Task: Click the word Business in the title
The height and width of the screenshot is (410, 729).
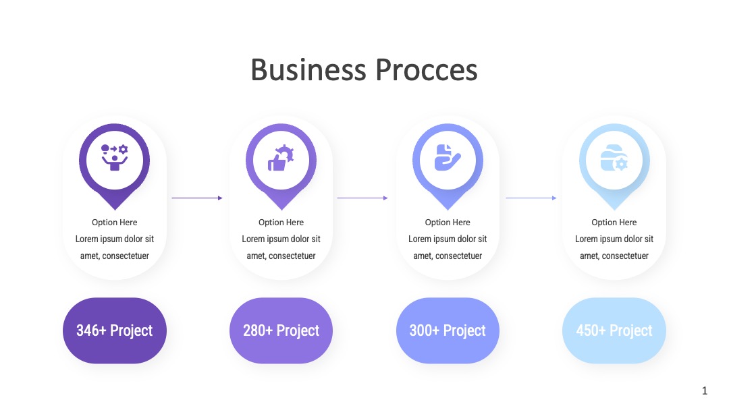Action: click(x=308, y=70)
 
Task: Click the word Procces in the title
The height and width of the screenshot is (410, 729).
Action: click(x=427, y=70)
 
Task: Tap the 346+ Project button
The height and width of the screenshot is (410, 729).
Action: click(x=114, y=330)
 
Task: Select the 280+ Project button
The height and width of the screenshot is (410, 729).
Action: click(x=281, y=330)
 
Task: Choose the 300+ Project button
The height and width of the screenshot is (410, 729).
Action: click(x=448, y=330)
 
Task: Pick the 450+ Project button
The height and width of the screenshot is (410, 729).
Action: click(x=614, y=330)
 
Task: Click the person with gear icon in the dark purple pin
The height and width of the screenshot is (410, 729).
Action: click(x=114, y=157)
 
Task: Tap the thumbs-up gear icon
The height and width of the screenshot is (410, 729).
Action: click(x=281, y=158)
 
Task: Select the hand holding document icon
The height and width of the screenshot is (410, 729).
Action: click(x=448, y=157)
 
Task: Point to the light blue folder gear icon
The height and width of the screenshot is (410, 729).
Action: click(x=614, y=158)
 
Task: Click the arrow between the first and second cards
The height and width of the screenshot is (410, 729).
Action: click(x=197, y=198)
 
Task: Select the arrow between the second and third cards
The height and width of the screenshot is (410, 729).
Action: click(x=362, y=198)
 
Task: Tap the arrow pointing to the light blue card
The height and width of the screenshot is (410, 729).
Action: click(x=531, y=198)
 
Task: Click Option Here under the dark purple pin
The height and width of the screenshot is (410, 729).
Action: click(x=114, y=223)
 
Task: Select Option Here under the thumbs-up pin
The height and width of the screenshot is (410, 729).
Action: click(x=281, y=223)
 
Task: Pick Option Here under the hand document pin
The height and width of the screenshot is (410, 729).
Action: click(x=448, y=223)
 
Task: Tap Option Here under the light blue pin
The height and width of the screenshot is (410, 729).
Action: click(x=614, y=223)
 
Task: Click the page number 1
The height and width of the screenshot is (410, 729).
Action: click(x=704, y=390)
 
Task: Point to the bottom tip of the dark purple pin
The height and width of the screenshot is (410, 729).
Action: click(x=114, y=210)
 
